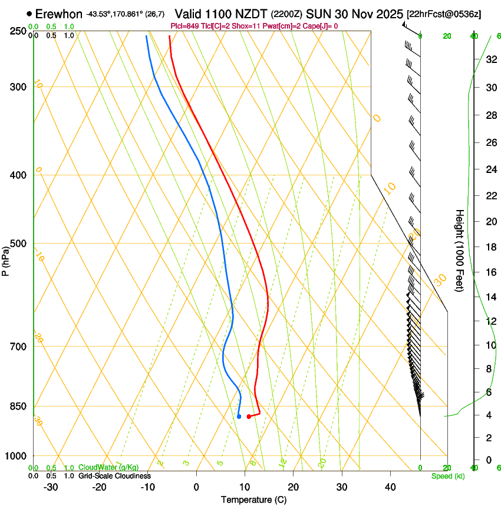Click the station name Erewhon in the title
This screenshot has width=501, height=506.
(58, 14)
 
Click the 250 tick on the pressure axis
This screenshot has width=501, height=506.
(18, 31)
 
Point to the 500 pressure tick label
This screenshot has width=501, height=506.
(18, 244)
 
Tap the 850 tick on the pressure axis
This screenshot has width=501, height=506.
(18, 407)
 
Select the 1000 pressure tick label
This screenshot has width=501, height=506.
(16, 456)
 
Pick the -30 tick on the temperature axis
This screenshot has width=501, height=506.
(51, 487)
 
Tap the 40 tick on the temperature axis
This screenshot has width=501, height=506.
(390, 487)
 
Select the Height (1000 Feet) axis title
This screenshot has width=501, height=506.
(460, 250)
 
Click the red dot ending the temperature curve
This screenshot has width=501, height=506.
(249, 417)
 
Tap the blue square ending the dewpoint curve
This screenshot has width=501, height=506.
(239, 417)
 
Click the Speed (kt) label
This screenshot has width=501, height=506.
(447, 476)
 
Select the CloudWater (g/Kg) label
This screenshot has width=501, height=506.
(108, 468)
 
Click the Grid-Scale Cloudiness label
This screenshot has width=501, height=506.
(114, 476)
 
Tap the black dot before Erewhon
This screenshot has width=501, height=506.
(29, 14)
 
